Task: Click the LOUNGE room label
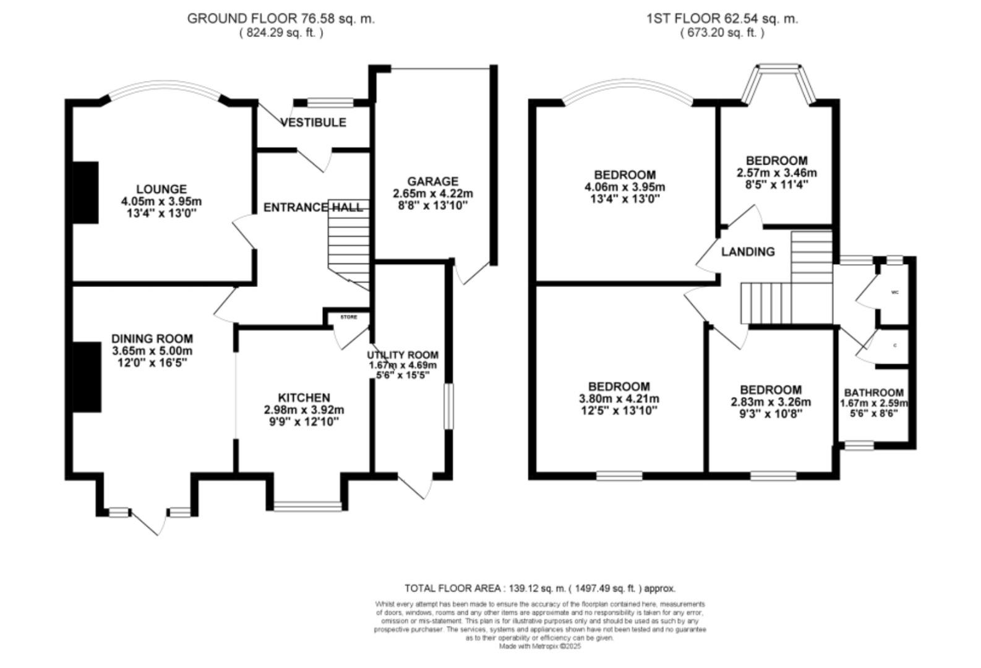pyautogui.click(x=161, y=189)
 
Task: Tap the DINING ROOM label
pyautogui.click(x=152, y=339)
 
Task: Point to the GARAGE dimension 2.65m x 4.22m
pyautogui.click(x=432, y=194)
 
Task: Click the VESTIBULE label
pyautogui.click(x=313, y=122)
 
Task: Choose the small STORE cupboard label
pyautogui.click(x=349, y=317)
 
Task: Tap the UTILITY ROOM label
pyautogui.click(x=403, y=355)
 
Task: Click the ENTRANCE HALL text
pyautogui.click(x=312, y=207)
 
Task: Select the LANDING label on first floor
pyautogui.click(x=748, y=252)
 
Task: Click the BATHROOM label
pyautogui.click(x=873, y=393)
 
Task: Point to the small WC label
pyautogui.click(x=894, y=293)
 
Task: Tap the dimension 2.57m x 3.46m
pyautogui.click(x=776, y=173)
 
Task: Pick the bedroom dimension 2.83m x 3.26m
pyautogui.click(x=771, y=402)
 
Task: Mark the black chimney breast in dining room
pyautogui.click(x=87, y=377)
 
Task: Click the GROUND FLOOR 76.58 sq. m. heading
pyautogui.click(x=281, y=19)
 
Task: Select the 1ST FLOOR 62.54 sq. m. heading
pyautogui.click(x=722, y=19)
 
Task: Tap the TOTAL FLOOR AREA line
pyautogui.click(x=539, y=588)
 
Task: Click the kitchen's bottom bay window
pyautogui.click(x=307, y=507)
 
